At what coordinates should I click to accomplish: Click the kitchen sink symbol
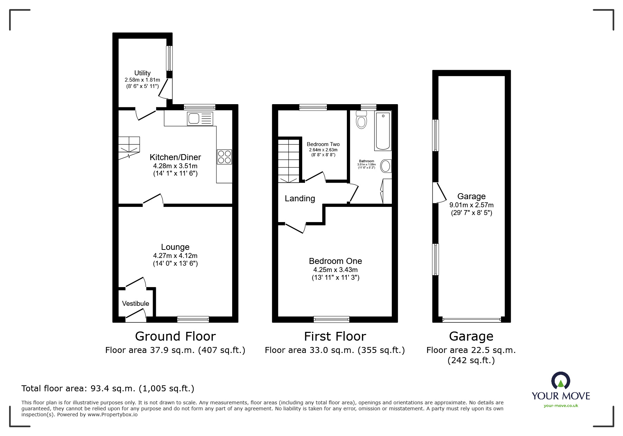201,119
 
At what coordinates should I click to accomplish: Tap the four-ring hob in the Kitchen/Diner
224,157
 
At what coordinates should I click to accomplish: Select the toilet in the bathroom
361,120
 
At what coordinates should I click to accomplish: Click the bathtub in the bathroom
383,131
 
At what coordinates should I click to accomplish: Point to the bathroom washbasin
386,166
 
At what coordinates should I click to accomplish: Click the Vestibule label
135,303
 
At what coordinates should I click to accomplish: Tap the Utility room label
142,73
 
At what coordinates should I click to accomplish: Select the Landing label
300,198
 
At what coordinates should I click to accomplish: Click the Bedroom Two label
323,144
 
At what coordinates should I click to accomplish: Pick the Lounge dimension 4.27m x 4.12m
175,256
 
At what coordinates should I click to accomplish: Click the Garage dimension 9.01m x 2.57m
471,205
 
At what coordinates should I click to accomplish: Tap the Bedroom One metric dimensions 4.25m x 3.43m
335,270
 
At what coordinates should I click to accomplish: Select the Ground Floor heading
175,336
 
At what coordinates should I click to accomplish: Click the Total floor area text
108,388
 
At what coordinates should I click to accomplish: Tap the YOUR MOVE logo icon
560,381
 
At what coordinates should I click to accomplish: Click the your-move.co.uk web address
561,406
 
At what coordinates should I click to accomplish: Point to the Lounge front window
193,319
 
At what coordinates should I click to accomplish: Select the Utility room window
170,58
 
